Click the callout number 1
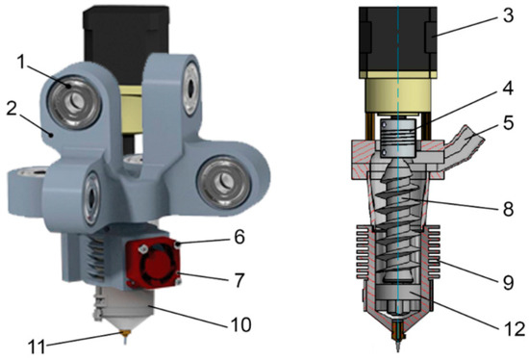pos(21,63)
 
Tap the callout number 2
pos(12,108)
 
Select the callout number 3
pos(508,15)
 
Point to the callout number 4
pos(508,88)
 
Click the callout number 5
pos(508,122)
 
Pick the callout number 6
pos(239,237)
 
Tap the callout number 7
pos(239,280)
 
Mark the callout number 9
pos(508,282)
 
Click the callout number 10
pos(240,324)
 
